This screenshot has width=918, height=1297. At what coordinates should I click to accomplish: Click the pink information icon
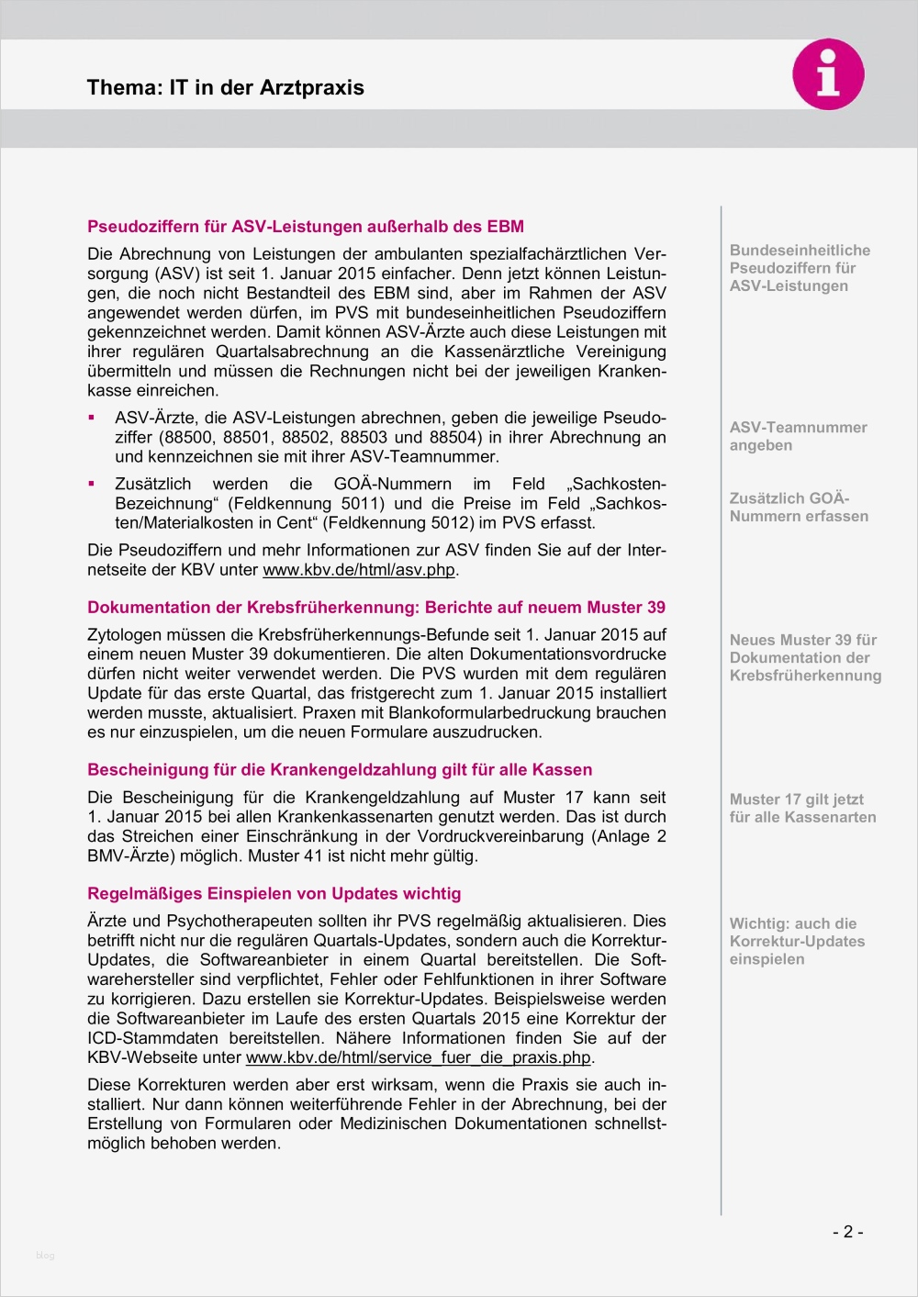click(828, 74)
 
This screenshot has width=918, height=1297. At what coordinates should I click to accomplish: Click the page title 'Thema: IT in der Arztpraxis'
click(225, 88)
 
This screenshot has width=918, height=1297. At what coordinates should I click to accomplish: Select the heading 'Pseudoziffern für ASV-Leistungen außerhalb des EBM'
click(305, 227)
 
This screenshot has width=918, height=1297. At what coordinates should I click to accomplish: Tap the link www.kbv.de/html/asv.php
click(359, 570)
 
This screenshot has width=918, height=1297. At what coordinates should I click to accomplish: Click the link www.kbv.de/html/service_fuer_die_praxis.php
click(419, 1057)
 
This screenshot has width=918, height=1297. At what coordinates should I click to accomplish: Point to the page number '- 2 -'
click(847, 1232)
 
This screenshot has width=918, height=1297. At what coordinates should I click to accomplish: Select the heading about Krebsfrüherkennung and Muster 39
click(375, 608)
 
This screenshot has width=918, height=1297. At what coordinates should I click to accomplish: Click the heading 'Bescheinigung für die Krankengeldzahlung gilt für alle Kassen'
click(339, 770)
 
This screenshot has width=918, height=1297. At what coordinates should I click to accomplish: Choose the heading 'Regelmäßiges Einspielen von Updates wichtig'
click(274, 894)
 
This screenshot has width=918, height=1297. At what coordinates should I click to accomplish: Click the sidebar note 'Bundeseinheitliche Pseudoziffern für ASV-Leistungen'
click(799, 268)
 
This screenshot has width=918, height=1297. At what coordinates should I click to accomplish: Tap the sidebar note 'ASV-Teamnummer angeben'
click(797, 437)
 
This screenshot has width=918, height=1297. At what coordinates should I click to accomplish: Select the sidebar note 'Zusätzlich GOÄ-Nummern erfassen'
click(798, 508)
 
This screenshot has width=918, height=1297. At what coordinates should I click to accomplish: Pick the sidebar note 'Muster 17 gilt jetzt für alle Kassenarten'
click(801, 809)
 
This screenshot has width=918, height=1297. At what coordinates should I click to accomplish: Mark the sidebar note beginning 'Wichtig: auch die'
click(796, 942)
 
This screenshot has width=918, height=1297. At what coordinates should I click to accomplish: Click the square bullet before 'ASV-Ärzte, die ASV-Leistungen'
click(92, 418)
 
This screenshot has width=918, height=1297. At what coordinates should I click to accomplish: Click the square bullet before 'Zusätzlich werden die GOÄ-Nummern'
click(92, 484)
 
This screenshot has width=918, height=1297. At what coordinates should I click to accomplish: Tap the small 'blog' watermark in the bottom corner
click(45, 1256)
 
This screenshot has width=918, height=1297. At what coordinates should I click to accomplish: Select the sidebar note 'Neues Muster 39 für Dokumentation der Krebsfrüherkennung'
click(804, 658)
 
